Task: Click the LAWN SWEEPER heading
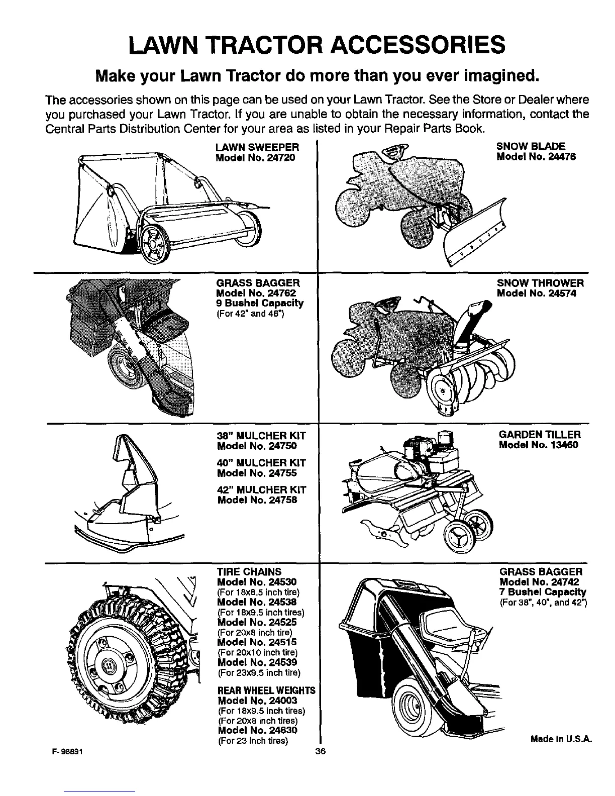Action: coord(257,147)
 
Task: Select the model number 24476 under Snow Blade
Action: coord(536,157)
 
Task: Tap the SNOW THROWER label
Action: coord(540,283)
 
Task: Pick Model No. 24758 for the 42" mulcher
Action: coord(257,500)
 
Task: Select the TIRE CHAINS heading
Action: coord(249,572)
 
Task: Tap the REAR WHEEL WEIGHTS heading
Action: coord(266,690)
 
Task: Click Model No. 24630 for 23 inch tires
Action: coord(257,730)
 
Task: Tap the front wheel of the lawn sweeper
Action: coord(153,245)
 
